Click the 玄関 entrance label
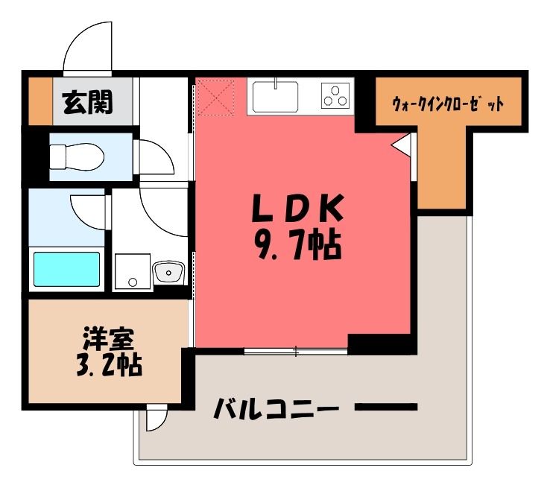88,102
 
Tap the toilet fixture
77,156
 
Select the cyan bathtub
66,270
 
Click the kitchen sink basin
275,95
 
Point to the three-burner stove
336,95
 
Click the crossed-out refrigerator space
215,97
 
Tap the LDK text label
297,208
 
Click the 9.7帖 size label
299,244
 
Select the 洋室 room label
108,339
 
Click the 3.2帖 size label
110,365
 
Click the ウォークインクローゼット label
448,104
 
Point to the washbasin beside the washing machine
168,272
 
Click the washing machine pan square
133,272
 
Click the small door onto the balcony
157,417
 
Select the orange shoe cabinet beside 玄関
40,101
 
